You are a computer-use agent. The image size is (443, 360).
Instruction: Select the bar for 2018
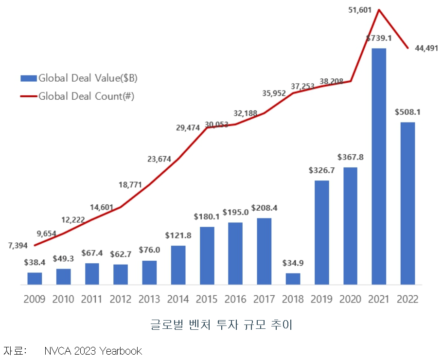coord(293,279)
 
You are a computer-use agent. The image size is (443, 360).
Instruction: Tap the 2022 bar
coord(408,203)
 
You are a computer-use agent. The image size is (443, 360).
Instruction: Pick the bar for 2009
coord(35,278)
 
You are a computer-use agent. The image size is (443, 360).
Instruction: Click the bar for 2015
coord(207,255)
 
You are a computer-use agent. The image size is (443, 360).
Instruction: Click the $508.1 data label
coord(408,112)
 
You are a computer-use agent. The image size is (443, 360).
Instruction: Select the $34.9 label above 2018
coord(293,264)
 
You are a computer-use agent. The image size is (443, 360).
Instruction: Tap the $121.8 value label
coord(178,236)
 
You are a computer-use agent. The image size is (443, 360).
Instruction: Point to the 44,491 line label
coord(426,48)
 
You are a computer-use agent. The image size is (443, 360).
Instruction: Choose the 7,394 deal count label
coord(18,246)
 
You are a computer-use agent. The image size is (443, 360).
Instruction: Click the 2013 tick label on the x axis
coord(149,299)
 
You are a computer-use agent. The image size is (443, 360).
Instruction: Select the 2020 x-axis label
coord(350,299)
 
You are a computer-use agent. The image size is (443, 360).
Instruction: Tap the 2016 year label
coord(235,299)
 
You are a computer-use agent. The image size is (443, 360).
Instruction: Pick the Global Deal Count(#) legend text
coord(86,96)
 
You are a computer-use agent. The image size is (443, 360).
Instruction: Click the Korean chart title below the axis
coord(221,324)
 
